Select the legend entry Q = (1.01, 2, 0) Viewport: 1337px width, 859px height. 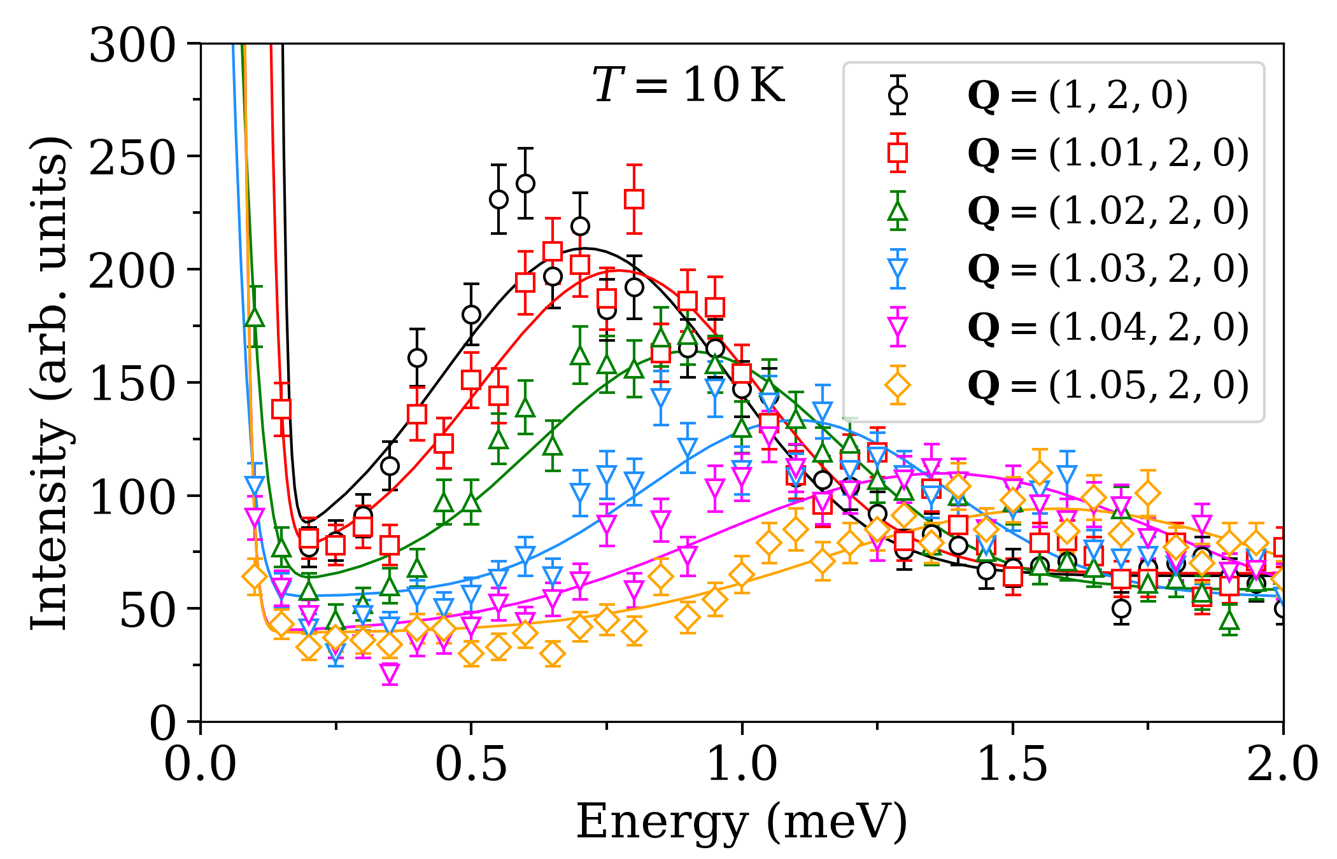(x=1108, y=153)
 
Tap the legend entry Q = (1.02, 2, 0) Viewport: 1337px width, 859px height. (x=1108, y=211)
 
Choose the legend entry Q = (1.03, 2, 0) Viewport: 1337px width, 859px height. (x=1108, y=269)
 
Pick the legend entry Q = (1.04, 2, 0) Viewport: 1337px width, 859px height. (x=1108, y=327)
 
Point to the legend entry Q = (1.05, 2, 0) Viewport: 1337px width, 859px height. (x=1108, y=385)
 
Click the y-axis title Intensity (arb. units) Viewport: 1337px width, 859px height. (x=50, y=382)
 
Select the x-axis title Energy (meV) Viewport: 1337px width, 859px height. (x=742, y=822)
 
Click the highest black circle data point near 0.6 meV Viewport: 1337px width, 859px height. (x=525, y=184)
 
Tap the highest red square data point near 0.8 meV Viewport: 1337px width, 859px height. (x=633, y=199)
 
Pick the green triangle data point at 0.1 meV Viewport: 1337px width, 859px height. (x=255, y=317)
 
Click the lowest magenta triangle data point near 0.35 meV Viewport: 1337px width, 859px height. (x=390, y=673)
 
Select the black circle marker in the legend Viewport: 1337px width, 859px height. (x=898, y=95)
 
